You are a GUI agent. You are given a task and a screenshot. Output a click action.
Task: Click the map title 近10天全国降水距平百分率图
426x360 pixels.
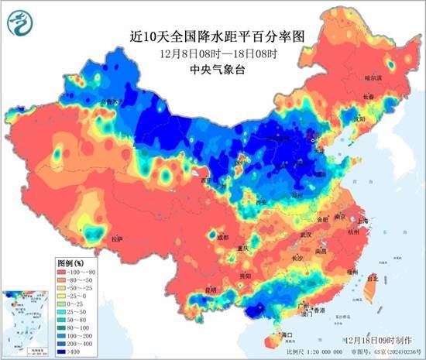pos(212,34)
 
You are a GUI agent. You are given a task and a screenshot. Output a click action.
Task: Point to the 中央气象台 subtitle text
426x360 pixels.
pos(212,68)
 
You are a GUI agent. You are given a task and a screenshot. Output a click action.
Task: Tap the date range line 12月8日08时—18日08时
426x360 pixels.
pos(212,52)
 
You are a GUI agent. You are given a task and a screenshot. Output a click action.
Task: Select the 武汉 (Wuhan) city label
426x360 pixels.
pos(305,234)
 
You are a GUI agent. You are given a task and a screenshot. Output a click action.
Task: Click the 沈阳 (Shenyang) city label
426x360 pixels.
pos(358,120)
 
